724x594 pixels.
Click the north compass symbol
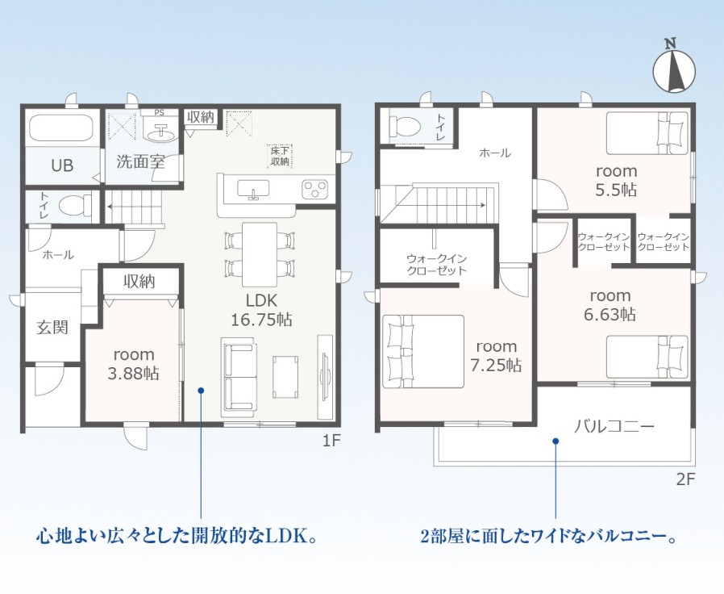point(674,69)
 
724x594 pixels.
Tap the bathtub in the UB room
point(61,128)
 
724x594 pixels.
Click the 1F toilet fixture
point(76,204)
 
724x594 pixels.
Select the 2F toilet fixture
point(405,125)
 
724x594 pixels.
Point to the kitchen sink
point(253,189)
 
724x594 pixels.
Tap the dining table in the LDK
point(260,255)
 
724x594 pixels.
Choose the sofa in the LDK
point(239,374)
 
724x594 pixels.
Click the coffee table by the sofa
point(285,376)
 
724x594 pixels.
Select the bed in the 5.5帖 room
point(647,133)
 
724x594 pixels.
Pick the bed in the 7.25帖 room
point(423,351)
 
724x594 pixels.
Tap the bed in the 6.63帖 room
point(647,357)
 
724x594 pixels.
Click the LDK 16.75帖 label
point(261,310)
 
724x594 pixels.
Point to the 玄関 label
point(52,328)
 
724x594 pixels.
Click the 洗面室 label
point(140,161)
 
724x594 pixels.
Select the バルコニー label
point(614,425)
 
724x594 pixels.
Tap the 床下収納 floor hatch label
point(281,157)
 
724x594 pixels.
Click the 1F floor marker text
point(331,441)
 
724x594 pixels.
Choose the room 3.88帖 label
point(134,364)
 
